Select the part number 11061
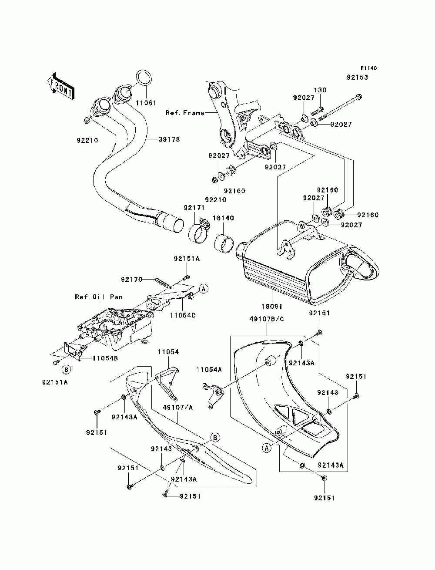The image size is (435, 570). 146,103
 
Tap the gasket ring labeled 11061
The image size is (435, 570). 144,78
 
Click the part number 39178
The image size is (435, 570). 169,139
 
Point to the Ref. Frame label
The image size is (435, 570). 185,113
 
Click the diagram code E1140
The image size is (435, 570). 368,68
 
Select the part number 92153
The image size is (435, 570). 358,77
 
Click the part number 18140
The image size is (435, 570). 223,218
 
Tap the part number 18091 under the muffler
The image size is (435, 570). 272,307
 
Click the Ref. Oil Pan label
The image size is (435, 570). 99,297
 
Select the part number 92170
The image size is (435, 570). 132,280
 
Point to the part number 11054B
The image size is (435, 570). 105,358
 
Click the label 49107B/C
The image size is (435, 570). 267,319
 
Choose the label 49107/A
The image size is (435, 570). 178,408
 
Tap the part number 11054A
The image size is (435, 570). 209,369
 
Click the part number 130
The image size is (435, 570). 320,90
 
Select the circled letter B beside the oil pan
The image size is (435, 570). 67,370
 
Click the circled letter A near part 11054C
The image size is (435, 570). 204,289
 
